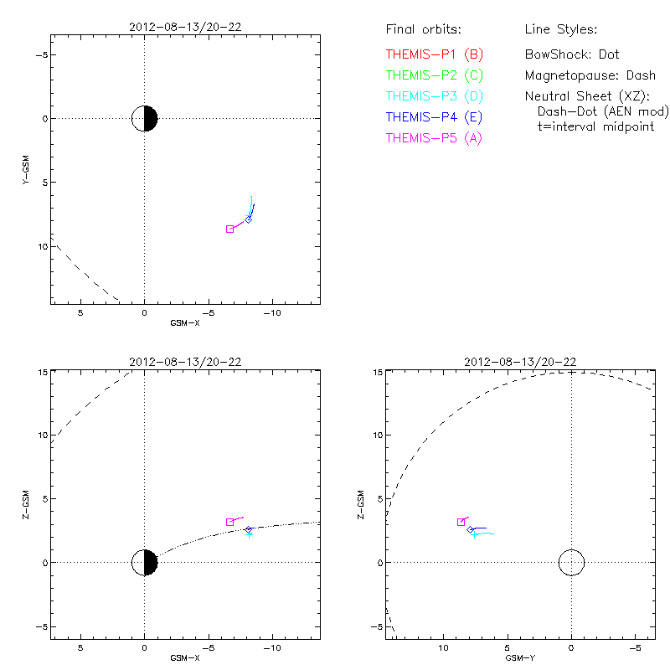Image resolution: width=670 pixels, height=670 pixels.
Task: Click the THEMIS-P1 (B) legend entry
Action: pos(435,54)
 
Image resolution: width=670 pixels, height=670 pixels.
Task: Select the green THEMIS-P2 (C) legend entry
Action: pos(435,75)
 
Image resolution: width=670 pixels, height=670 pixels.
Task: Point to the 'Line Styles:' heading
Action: pos(560,30)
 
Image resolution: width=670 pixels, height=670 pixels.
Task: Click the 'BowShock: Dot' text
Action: pos(572,54)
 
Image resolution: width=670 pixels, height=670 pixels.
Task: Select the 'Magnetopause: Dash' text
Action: pos(590,75)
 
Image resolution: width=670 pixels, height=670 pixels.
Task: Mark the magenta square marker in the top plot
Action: pos(229,229)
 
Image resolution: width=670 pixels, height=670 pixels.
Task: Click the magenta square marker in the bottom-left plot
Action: pos(229,522)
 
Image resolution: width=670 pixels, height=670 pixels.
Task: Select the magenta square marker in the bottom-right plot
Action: pos(461,522)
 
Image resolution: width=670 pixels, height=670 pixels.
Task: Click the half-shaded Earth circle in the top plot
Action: pos(145,119)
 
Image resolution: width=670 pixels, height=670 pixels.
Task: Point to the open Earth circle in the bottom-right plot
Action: pos(571,563)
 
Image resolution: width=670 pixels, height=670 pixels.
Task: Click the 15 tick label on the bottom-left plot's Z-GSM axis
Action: pos(40,372)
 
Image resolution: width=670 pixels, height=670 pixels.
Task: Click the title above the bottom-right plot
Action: pos(519,362)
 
